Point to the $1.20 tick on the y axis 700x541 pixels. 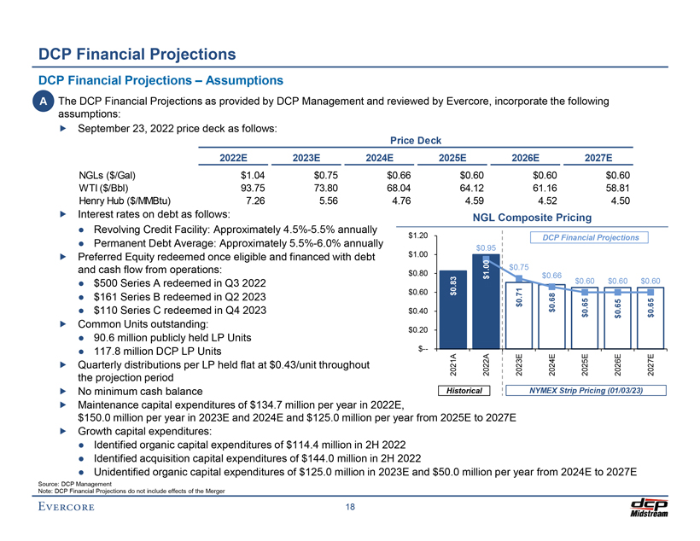(417, 235)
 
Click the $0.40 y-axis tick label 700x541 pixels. (417, 311)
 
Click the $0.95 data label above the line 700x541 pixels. (485, 248)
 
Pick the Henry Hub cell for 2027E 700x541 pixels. (615, 201)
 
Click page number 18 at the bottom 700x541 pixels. (350, 509)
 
